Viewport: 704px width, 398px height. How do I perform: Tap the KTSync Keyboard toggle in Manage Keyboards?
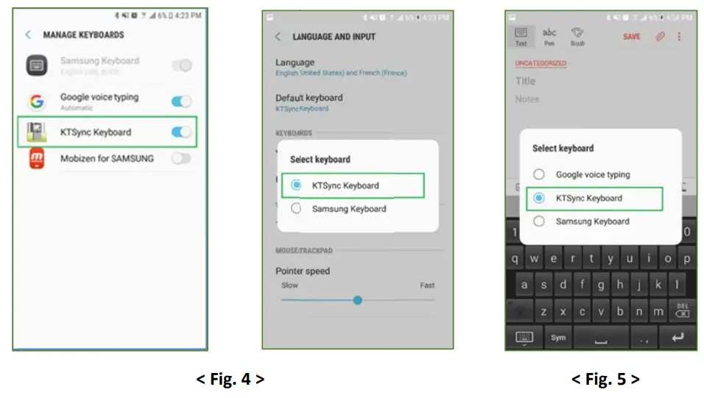coord(181,132)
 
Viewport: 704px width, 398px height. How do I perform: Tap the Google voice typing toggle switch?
coord(181,101)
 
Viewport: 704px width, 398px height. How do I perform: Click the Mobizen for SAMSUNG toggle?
coord(181,158)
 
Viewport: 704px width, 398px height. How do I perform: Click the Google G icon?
coord(37,102)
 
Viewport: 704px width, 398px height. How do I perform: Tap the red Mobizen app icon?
coord(37,158)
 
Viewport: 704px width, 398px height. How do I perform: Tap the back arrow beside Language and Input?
coord(278,37)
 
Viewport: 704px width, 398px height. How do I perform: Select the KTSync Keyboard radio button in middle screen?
coord(296,185)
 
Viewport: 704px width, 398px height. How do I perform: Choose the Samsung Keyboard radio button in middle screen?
coord(296,209)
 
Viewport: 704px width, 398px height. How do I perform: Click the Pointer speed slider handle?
coord(357,300)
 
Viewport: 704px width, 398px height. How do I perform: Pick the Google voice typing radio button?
coord(539,174)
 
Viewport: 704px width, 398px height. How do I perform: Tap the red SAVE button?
coord(631,36)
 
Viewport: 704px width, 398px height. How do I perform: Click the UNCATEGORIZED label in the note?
coord(541,63)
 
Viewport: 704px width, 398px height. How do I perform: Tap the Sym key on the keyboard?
coord(558,338)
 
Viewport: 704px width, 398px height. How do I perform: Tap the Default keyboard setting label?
coord(309,98)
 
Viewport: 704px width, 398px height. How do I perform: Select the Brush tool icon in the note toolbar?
coord(578,36)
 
